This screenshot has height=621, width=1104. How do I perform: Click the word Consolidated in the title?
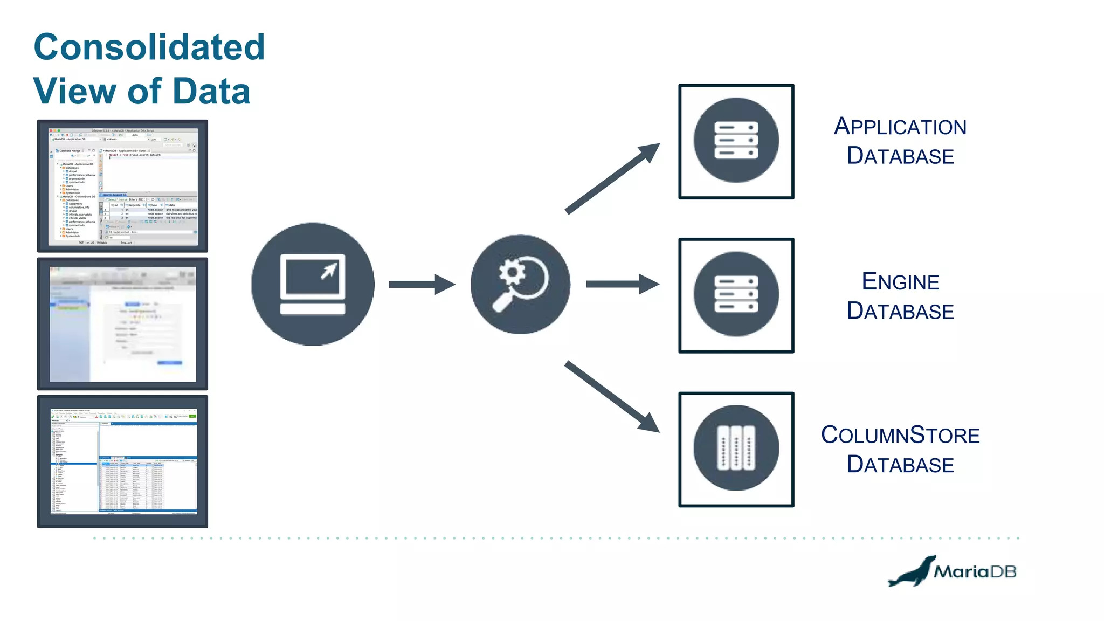pos(149,47)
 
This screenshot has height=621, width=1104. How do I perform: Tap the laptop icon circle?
pos(313,284)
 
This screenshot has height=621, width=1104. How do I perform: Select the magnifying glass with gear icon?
pos(520,284)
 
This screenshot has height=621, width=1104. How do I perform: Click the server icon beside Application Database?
pos(736,141)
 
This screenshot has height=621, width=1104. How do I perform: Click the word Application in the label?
pos(900,127)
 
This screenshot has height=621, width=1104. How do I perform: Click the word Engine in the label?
pos(900,282)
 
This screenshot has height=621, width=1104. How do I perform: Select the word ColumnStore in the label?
pos(900,435)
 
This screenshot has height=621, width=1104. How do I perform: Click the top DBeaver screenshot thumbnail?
pos(122,186)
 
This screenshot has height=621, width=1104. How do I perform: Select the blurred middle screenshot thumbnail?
pos(122,323)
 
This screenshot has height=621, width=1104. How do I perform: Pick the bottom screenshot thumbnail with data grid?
pos(122,461)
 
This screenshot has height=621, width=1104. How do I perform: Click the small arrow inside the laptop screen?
pos(328,271)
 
